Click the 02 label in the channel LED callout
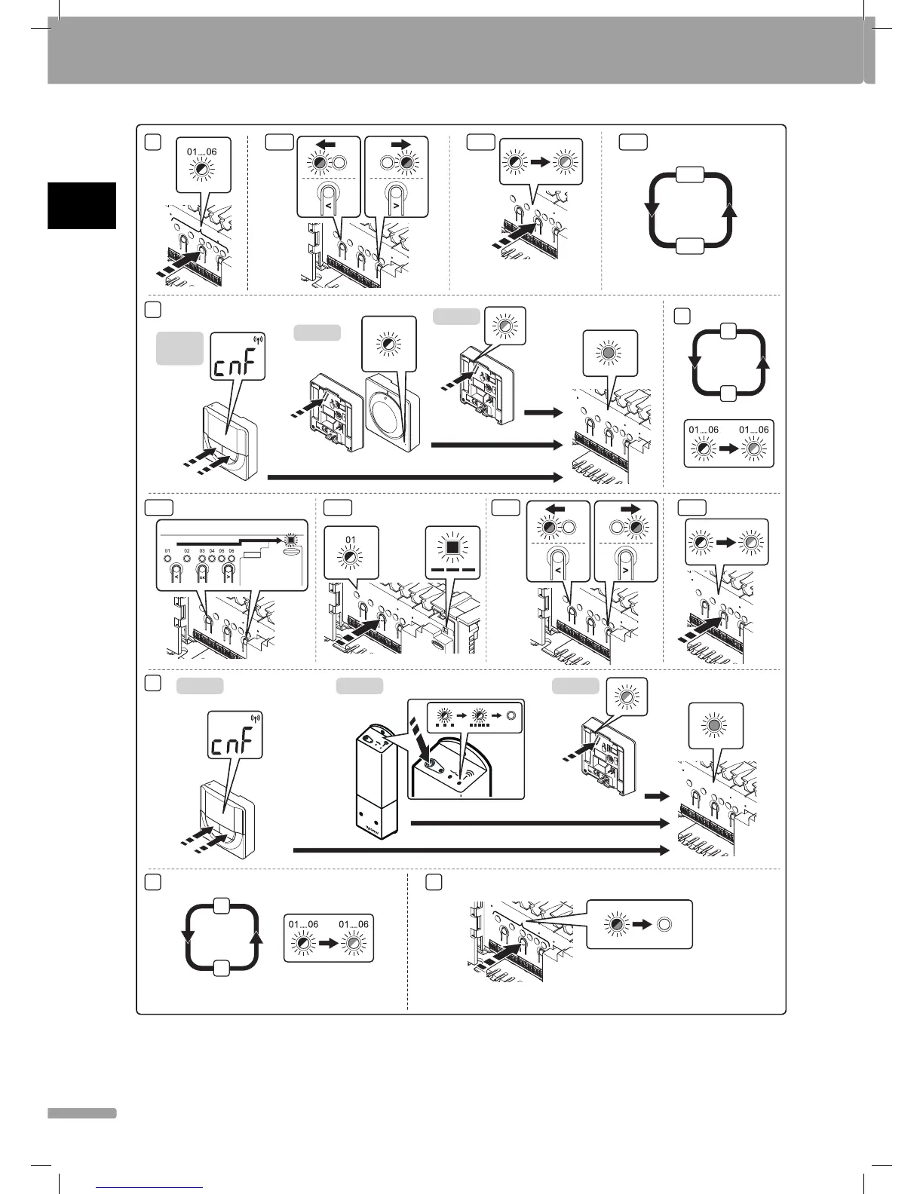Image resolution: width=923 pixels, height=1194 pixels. pos(188,552)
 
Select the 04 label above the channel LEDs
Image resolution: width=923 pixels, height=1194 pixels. pos(212,552)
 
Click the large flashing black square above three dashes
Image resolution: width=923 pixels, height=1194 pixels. pos(452,545)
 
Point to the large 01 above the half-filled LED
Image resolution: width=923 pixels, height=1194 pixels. pos(351,539)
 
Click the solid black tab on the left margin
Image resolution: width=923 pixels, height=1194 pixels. pos(81,205)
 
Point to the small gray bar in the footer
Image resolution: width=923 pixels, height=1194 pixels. pos(81,1113)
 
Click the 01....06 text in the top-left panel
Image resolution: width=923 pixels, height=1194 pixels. pos(201,152)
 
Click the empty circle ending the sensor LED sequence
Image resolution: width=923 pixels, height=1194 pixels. pos(511,715)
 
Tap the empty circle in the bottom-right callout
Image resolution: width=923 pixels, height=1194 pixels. pos(664,924)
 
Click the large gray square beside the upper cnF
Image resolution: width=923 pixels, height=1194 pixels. pos(179,348)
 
